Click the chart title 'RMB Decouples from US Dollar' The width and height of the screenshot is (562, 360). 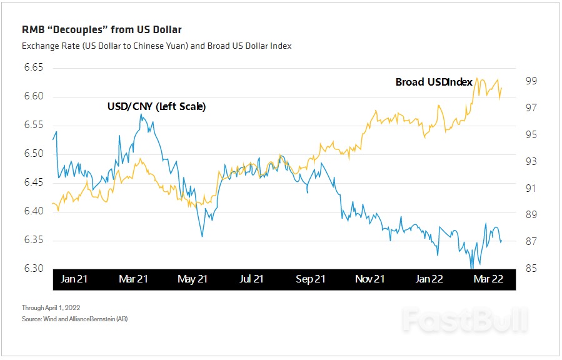tap(102, 29)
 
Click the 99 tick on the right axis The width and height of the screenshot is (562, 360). tap(531, 81)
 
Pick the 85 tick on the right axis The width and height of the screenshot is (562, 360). tap(531, 269)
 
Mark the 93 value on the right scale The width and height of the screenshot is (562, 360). tap(531, 161)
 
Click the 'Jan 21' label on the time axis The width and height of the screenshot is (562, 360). tap(74, 279)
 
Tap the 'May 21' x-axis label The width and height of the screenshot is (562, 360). tap(193, 279)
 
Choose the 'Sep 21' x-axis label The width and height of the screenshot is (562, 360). tap(311, 279)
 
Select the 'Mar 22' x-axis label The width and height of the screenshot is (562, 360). tap(488, 279)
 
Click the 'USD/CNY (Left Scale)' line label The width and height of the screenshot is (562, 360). tap(157, 107)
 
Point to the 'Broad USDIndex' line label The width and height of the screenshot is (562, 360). tap(434, 82)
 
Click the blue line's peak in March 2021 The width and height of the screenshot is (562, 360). tap(141, 114)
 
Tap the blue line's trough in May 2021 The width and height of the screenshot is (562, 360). tap(202, 236)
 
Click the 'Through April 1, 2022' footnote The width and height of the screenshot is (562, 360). tap(50, 307)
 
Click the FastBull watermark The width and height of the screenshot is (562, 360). tap(464, 319)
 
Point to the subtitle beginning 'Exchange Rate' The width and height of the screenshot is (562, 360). tap(156, 46)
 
